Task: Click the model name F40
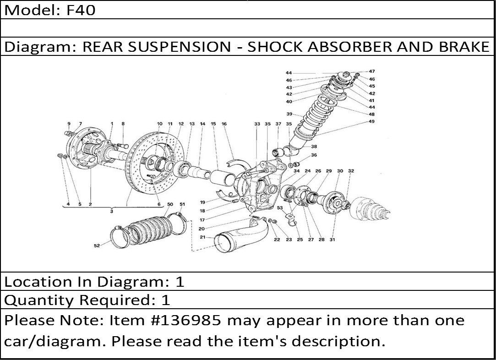pos(81,10)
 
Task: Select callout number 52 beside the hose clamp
pos(97,246)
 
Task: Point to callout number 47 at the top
pos(372,71)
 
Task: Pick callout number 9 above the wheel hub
pos(69,124)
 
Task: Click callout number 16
pos(224,124)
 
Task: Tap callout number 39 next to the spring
pos(289,114)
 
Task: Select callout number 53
pos(280,208)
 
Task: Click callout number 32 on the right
pos(351,171)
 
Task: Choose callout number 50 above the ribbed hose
pos(170,204)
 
